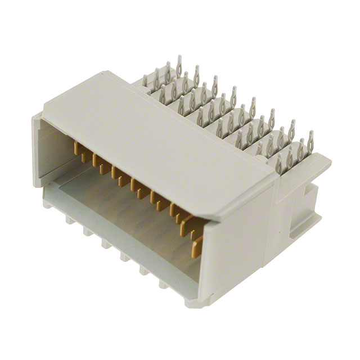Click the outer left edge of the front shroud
(36, 152)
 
